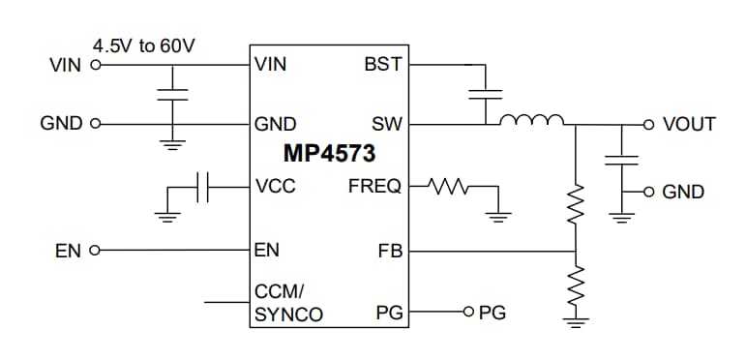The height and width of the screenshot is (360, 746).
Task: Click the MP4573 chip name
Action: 329,154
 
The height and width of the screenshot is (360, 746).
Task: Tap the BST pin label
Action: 383,66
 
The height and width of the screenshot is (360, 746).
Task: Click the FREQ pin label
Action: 374,186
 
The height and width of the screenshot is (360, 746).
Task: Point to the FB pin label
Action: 390,252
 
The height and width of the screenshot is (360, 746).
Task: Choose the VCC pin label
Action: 276,186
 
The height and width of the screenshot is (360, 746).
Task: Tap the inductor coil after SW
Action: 531,121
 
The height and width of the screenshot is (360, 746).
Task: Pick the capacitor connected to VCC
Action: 202,187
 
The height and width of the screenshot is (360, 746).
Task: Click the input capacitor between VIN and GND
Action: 173,94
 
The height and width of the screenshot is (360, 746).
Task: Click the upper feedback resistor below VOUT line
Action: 577,202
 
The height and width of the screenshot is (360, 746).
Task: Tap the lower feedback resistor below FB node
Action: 577,288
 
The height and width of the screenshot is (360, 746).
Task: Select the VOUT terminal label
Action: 689,125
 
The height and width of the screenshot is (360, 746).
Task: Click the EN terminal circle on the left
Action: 95,252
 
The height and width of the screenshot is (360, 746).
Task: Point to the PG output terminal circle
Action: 469,313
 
